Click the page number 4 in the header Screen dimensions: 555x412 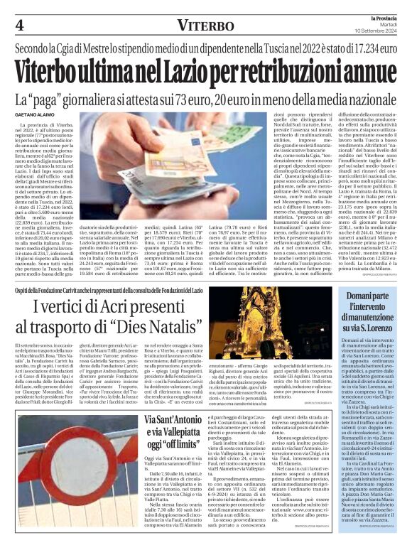tap(19, 25)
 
